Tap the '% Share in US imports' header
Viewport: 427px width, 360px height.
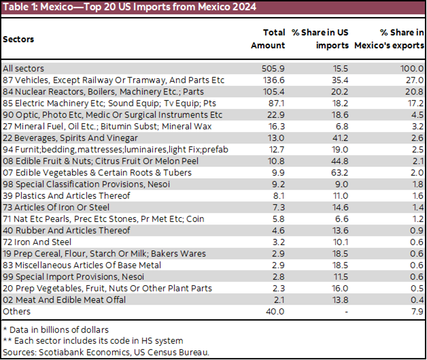coord(318,39)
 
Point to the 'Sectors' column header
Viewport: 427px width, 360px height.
coord(19,39)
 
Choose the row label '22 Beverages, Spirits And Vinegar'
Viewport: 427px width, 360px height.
coord(75,138)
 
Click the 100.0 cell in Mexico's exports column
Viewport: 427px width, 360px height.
coord(412,69)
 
